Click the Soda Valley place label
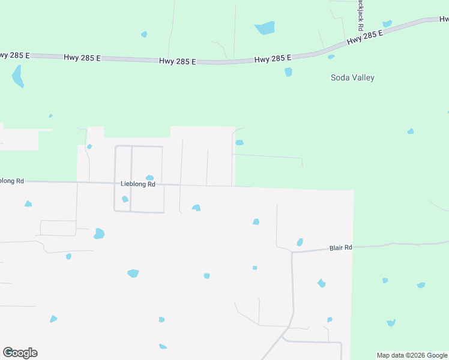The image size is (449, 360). (352, 77)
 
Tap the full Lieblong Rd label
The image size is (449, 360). (138, 184)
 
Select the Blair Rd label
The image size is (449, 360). (340, 247)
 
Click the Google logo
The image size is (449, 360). (20, 353)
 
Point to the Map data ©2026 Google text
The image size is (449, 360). (412, 355)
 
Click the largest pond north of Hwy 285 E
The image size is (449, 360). (265, 28)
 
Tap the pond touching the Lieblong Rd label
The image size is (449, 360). (149, 178)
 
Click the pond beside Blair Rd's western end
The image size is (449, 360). (300, 242)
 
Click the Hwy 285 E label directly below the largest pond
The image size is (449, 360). (273, 58)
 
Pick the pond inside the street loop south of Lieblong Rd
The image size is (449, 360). (125, 199)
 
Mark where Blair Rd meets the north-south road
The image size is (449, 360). (292, 252)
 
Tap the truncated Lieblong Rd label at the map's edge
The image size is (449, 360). (12, 181)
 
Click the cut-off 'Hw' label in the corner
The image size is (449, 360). (444, 17)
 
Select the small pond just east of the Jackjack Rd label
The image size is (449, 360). (387, 24)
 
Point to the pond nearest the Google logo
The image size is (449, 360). (53, 319)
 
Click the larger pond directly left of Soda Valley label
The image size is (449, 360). (288, 72)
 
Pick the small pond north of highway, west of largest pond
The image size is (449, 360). (144, 34)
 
